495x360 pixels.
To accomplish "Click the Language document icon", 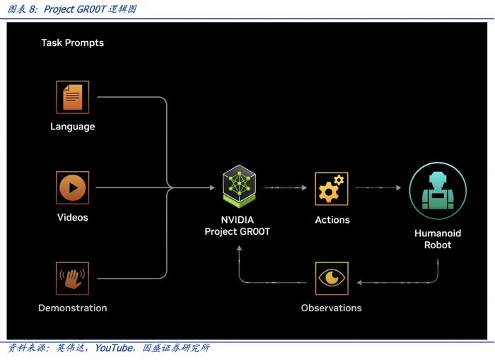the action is [73, 97].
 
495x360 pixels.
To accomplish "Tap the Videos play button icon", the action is [73, 188].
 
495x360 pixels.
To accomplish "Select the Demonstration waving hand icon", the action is [73, 279].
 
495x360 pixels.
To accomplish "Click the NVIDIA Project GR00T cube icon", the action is [239, 186].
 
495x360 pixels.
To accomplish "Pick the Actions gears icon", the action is [332, 189].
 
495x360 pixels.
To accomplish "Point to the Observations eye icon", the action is [332, 279].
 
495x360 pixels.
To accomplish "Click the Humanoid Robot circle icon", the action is [438, 191].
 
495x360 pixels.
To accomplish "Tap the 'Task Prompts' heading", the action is [73, 42].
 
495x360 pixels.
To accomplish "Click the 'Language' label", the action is [73, 127].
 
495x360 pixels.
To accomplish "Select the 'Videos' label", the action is [73, 217].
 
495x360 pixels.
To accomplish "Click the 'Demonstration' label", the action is [73, 308].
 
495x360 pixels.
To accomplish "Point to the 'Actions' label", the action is [332, 220].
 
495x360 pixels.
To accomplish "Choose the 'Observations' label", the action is [332, 308].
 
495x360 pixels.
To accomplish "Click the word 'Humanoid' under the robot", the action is [438, 233].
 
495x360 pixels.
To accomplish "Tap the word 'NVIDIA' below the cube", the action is [238, 220].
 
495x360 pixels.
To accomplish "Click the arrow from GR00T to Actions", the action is [285, 187].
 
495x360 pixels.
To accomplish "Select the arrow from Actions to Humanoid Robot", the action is [378, 187].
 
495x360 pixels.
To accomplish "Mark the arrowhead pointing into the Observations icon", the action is [359, 282].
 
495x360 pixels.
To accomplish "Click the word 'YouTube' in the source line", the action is [114, 348].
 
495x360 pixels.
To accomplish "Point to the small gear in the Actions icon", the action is [339, 180].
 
